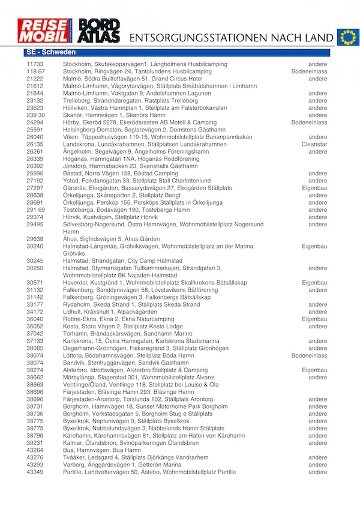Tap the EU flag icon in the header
[x=347, y=37]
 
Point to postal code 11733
[x=35, y=64]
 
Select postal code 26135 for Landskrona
[x=35, y=144]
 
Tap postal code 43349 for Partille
[x=35, y=472]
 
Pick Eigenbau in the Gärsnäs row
[x=314, y=188]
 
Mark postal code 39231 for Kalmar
[x=35, y=442]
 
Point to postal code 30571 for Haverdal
[x=35, y=282]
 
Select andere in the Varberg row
[x=317, y=465]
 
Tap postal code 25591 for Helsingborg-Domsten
[x=35, y=130]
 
